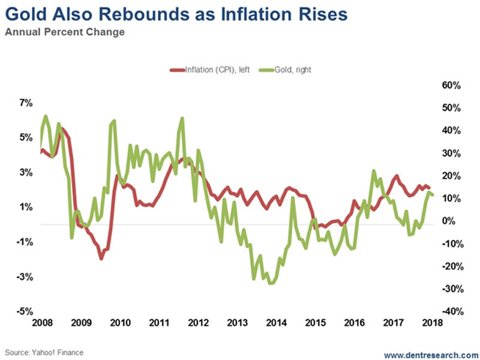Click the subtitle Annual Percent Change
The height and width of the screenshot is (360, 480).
point(65,32)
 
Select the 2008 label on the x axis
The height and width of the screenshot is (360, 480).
point(40,324)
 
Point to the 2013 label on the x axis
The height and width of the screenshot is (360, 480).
point(236,324)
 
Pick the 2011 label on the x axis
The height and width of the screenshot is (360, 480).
point(158,324)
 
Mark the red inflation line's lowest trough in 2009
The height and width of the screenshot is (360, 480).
point(101,259)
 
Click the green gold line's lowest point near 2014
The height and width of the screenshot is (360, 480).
point(271,283)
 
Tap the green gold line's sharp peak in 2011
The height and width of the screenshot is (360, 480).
point(182,118)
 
